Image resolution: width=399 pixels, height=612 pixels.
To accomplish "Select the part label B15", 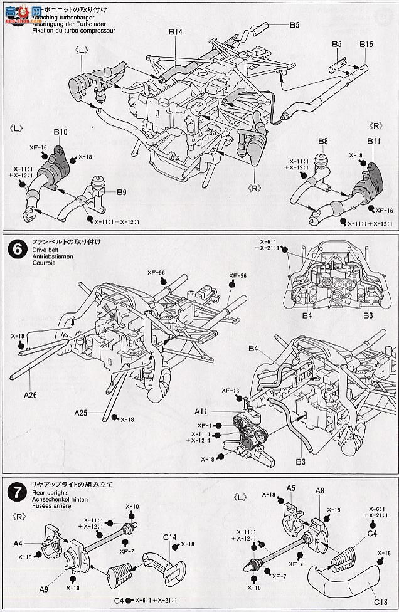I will pos(366,45).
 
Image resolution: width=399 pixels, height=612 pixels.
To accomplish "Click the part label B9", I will pos(121,192).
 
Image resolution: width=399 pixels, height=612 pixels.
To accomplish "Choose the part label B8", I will pos(322,142).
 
